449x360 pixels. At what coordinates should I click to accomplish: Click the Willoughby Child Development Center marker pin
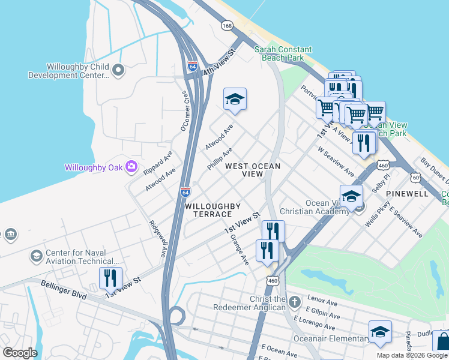click(x=118, y=70)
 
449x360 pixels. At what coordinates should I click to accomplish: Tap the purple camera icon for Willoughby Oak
click(x=131, y=167)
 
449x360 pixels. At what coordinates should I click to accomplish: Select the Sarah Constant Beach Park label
click(x=283, y=53)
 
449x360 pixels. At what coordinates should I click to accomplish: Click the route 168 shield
click(x=227, y=26)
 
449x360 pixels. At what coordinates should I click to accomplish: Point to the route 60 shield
click(x=415, y=177)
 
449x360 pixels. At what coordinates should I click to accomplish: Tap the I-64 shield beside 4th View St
click(x=192, y=66)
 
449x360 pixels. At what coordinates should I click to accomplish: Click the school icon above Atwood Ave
click(x=235, y=100)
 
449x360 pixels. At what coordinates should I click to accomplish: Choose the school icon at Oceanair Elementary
click(x=380, y=332)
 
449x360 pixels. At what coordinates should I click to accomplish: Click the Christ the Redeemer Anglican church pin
click(x=294, y=301)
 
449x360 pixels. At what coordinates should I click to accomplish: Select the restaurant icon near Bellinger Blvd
click(x=110, y=278)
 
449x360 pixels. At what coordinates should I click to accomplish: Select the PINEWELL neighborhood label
click(x=407, y=194)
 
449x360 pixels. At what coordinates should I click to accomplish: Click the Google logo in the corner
click(x=20, y=352)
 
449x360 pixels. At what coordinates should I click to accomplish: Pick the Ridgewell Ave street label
click(x=158, y=239)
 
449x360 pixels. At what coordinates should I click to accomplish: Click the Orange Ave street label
click(x=239, y=249)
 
